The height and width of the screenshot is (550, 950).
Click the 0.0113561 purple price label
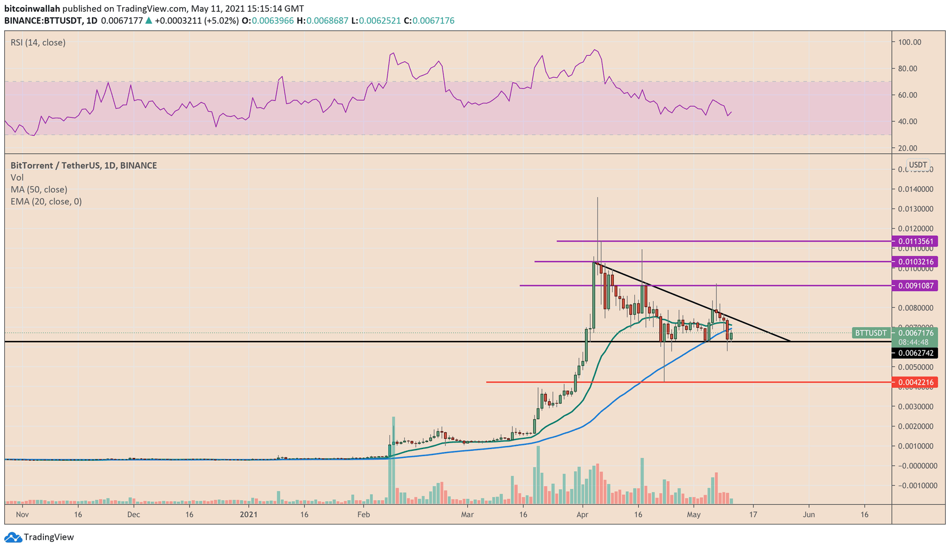pyautogui.click(x=915, y=241)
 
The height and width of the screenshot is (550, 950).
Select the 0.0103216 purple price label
pyautogui.click(x=915, y=261)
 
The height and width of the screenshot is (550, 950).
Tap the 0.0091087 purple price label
pyautogui.click(x=915, y=286)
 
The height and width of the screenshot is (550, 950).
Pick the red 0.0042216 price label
pyautogui.click(x=915, y=383)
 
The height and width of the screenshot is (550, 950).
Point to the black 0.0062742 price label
pyautogui.click(x=915, y=353)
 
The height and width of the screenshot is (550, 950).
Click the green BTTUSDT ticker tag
pyautogui.click(x=870, y=333)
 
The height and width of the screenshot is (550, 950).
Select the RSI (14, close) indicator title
pyautogui.click(x=38, y=43)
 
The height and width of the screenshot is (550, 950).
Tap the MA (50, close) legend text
pyautogui.click(x=39, y=189)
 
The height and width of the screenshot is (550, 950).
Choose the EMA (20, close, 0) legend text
pyautogui.click(x=46, y=201)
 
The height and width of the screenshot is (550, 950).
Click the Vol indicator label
pyautogui.click(x=17, y=178)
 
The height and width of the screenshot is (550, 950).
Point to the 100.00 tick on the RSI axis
pyautogui.click(x=910, y=42)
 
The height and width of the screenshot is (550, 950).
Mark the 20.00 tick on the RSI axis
pyautogui.click(x=910, y=148)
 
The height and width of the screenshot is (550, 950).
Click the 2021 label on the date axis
pyautogui.click(x=249, y=514)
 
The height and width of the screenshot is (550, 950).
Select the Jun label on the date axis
pyautogui.click(x=808, y=514)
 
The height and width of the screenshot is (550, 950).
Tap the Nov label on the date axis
pyautogui.click(x=22, y=514)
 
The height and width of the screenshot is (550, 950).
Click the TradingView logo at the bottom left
pyautogui.click(x=40, y=537)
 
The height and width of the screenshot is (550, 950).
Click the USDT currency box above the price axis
pyautogui.click(x=918, y=165)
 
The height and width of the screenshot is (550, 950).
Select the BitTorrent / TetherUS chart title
pyautogui.click(x=84, y=166)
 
